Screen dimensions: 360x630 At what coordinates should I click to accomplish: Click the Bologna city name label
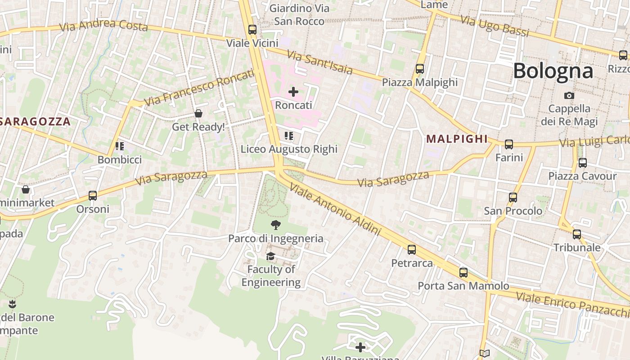(553, 71)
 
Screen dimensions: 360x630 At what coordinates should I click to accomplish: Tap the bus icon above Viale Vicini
(252, 30)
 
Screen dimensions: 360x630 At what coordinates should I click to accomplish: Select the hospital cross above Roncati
(293, 92)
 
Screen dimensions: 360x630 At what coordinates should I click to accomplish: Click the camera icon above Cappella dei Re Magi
(569, 95)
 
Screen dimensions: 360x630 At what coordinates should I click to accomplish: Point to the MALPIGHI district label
(457, 139)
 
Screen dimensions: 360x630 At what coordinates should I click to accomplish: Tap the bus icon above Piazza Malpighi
(420, 69)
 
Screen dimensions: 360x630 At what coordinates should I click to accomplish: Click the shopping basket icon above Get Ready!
(198, 113)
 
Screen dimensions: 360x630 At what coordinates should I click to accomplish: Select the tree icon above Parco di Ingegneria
(275, 225)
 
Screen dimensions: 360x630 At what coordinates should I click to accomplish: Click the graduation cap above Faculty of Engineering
(270, 256)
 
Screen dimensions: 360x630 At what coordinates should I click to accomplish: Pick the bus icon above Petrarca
(411, 250)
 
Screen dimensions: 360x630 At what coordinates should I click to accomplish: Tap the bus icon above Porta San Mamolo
(463, 273)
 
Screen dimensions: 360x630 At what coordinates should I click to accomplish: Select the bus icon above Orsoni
(93, 196)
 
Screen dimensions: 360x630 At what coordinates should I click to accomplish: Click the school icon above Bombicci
(119, 146)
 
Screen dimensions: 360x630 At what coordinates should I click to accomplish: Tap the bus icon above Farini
(509, 144)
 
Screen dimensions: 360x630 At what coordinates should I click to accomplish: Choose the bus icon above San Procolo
(513, 198)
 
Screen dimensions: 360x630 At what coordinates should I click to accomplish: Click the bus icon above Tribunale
(577, 234)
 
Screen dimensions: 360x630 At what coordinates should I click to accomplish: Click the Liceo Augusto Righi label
(289, 149)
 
